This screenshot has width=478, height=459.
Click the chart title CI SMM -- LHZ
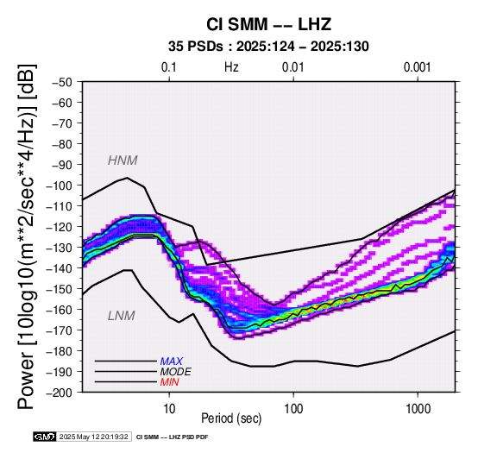coord(268,24)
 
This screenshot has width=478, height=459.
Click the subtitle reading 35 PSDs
coord(196,47)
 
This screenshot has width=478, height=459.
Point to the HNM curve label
coord(123,160)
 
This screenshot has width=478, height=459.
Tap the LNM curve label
coord(122,316)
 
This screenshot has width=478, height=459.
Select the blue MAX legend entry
coord(172,362)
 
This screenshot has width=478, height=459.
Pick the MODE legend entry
coord(176,372)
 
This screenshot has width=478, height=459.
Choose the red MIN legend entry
coord(169,382)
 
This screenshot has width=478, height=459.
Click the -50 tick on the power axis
coord(61,82)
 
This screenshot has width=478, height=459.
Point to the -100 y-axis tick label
coord(59,185)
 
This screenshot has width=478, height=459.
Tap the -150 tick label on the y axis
coord(59,289)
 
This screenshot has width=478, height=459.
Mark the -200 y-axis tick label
coord(59,393)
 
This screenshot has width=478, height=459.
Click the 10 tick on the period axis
coord(169,409)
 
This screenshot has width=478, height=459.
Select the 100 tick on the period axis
coord(293,409)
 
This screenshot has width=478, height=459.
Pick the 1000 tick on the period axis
coord(418,409)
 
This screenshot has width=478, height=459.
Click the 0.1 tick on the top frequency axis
coord(169,67)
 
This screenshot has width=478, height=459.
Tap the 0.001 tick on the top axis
coord(418,67)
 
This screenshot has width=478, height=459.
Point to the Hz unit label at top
coord(231,67)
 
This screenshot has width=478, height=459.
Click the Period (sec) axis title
coord(231,418)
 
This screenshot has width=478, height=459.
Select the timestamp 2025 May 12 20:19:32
coord(93,437)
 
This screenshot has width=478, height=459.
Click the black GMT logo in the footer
coord(45,437)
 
